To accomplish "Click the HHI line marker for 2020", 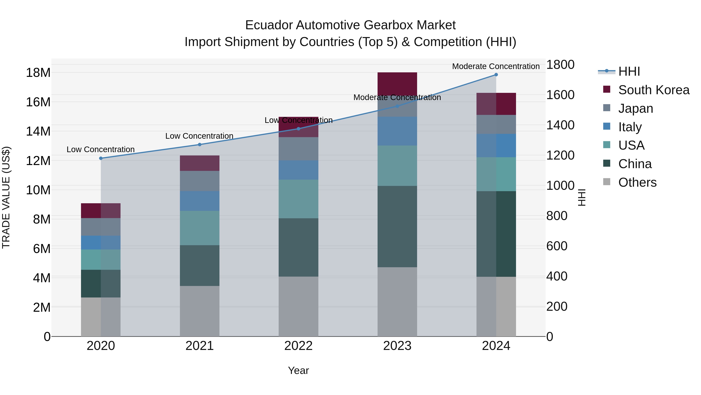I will (x=101, y=158).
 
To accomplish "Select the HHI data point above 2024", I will (x=496, y=75).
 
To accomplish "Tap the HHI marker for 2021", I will (x=199, y=145).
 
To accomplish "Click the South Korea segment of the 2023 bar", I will (x=397, y=83).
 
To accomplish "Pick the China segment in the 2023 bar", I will (x=397, y=226).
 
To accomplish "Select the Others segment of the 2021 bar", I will (x=199, y=311).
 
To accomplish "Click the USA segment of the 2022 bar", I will (x=298, y=199).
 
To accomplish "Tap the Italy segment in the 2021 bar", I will (x=199, y=201).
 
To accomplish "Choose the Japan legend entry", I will (x=635, y=108).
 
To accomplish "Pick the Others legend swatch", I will (x=607, y=182).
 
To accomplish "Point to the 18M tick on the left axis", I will (x=38, y=73).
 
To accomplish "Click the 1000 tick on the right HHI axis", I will (x=560, y=186).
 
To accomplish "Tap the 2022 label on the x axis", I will (x=298, y=346).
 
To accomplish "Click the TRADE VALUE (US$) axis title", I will (x=6, y=197).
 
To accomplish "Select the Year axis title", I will (x=298, y=370).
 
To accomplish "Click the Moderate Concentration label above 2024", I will (x=496, y=66).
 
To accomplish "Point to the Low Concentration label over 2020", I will (x=100, y=149).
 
